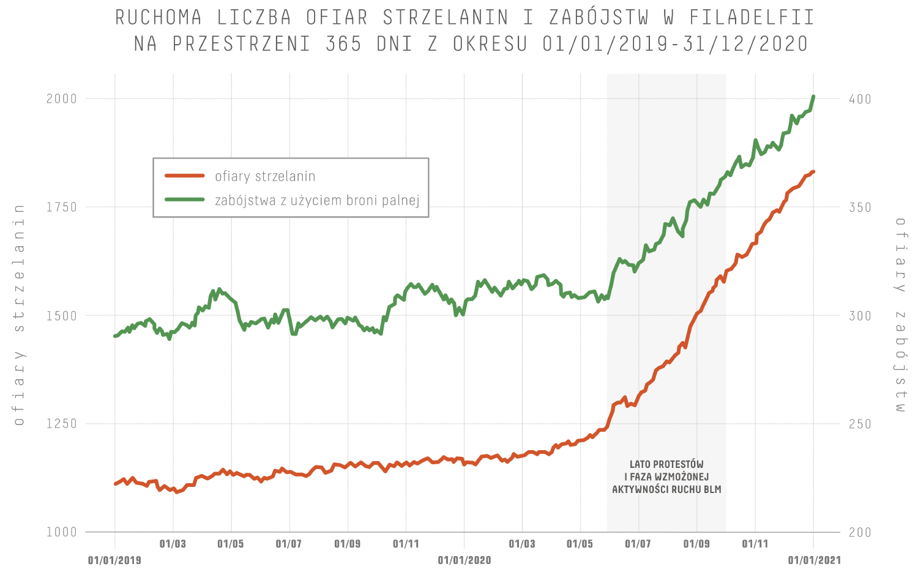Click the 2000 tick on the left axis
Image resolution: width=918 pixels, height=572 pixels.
coord(62,99)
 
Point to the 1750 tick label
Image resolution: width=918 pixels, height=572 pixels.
coord(62,207)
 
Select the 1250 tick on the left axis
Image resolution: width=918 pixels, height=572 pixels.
coord(62,424)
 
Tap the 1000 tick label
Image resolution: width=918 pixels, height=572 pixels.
coord(62,532)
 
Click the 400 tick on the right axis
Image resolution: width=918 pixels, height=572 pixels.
coord(860,99)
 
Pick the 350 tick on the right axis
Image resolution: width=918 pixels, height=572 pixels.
coord(860,207)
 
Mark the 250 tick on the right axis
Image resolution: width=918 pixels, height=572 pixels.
coord(860,424)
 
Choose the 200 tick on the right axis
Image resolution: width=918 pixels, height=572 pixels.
coord(860,532)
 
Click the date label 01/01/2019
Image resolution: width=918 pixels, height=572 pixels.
coord(114,560)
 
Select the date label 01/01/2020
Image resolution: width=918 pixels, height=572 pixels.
coord(464,560)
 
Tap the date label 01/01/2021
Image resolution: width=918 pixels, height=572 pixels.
coord(814,560)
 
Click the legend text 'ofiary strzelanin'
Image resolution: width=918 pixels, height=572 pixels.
coord(265,176)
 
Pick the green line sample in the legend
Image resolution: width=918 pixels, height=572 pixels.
coord(184,200)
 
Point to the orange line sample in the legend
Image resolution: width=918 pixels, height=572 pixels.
coord(184,176)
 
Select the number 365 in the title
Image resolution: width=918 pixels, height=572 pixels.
coord(343,44)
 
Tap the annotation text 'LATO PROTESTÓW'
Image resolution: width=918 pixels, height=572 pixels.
coord(666,464)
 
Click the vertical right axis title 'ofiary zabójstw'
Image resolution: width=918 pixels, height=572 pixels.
coord(900,315)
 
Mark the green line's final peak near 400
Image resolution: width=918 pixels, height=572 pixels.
coord(813,97)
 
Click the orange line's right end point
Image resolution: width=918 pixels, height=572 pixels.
coord(813,171)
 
